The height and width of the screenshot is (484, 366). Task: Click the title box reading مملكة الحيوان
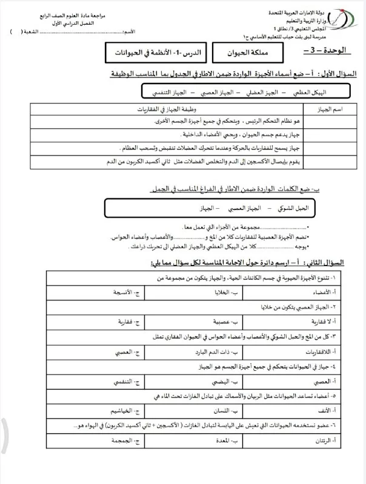tap(229, 53)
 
